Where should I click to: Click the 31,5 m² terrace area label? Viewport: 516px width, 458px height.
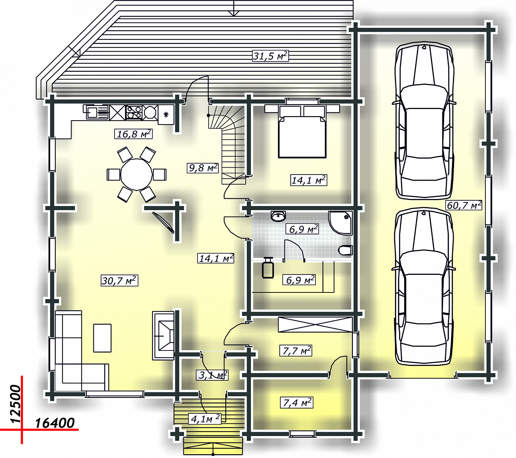pos(270,56)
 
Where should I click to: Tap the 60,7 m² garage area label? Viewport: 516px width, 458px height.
pos(464,205)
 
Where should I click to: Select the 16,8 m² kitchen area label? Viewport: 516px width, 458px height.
pos(133,134)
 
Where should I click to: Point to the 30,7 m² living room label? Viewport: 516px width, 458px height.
pos(119,280)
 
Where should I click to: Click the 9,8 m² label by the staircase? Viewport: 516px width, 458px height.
pos(203,168)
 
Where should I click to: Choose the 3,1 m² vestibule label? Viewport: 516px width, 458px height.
pos(212,375)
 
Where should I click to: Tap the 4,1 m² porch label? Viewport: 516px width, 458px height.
pos(205,418)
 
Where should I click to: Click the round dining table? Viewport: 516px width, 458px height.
pos(137,175)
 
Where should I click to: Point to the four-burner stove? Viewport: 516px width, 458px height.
pos(134,112)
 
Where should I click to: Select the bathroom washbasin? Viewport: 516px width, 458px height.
pos(278,216)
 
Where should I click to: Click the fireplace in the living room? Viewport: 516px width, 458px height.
pos(163,335)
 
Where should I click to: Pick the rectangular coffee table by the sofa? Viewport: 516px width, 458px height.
pos(102,338)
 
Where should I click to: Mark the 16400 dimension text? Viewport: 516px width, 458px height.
pos(54,423)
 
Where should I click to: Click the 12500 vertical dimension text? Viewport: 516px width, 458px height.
pos(16,404)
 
